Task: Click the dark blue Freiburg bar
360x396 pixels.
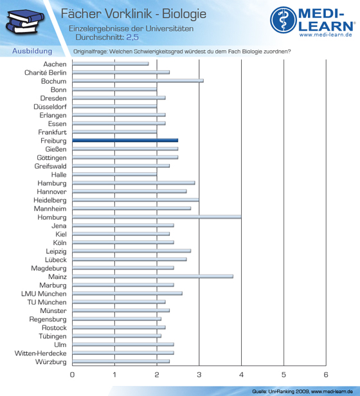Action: tap(125, 140)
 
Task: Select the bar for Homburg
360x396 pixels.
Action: tap(157, 217)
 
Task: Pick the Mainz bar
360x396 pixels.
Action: tap(152, 276)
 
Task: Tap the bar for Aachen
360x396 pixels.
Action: tap(111, 64)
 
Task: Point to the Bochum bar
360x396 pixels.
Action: tap(138, 81)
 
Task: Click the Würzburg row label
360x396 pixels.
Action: tap(51, 362)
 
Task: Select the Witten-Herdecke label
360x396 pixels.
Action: tap(40, 354)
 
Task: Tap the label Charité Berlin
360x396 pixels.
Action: tap(46, 73)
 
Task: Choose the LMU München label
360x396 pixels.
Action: tap(44, 294)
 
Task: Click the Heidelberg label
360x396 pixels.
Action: tap(50, 201)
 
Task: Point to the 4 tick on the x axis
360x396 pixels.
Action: tap(241, 375)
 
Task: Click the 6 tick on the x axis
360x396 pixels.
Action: tap(326, 375)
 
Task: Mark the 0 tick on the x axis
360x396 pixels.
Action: tap(72, 375)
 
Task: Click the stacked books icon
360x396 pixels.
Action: tap(25, 21)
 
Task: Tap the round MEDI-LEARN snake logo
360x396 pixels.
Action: tap(283, 20)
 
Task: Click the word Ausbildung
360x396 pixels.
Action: tap(32, 51)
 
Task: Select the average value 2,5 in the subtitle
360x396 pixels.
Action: tap(132, 37)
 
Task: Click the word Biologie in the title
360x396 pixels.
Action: tap(184, 14)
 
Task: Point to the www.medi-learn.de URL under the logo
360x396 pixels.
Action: tap(326, 35)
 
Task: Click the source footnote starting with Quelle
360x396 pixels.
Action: tap(302, 392)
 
